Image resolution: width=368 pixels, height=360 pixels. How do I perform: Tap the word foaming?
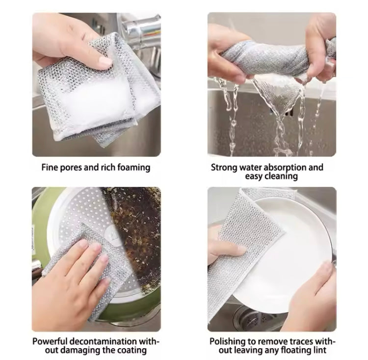click(132, 167)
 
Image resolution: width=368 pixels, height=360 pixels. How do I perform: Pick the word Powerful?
click(51, 341)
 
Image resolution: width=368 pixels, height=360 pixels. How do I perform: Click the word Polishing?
click(227, 341)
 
